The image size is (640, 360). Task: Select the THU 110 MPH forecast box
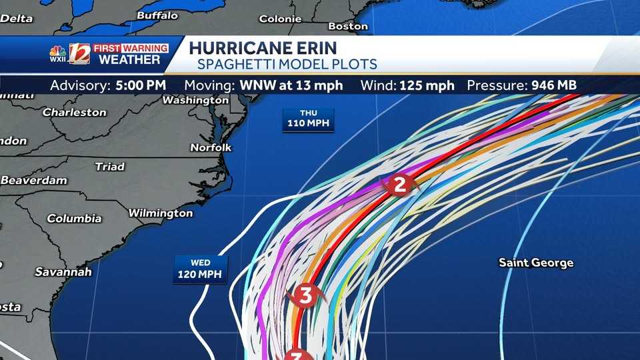(x=308, y=119)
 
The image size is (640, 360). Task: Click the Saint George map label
(x=536, y=263)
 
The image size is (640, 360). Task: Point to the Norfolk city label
(x=211, y=147)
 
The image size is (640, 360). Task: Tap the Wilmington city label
(x=160, y=213)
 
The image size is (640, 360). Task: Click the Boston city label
(x=348, y=26)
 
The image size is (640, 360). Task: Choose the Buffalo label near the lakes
(x=157, y=15)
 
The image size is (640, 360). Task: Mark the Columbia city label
(x=74, y=219)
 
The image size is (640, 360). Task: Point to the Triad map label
(x=109, y=167)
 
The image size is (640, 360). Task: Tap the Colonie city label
(x=280, y=19)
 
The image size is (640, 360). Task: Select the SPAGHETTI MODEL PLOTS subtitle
(x=287, y=65)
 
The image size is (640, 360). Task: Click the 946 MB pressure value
(x=553, y=85)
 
